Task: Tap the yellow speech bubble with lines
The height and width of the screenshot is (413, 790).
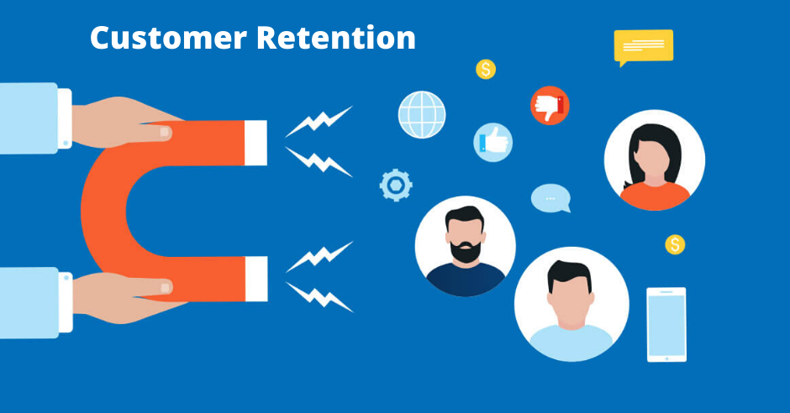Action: pyautogui.click(x=643, y=46)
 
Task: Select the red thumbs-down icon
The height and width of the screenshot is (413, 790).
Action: pyautogui.click(x=550, y=106)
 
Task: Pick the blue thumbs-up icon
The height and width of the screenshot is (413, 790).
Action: pyautogui.click(x=493, y=141)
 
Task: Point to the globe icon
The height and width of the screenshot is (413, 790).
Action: pyautogui.click(x=422, y=114)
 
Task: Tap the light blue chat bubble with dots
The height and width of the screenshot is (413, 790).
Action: pyautogui.click(x=550, y=198)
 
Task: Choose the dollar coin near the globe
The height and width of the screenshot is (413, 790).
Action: pyautogui.click(x=486, y=69)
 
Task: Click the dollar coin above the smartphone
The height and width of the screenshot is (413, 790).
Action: pyautogui.click(x=675, y=244)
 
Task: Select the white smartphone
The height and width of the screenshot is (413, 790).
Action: pyautogui.click(x=666, y=324)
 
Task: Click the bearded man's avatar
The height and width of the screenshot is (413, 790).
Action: pyautogui.click(x=465, y=246)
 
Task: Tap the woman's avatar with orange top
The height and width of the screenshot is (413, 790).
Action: pyautogui.click(x=654, y=159)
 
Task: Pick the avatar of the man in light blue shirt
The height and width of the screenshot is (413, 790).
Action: pyautogui.click(x=571, y=303)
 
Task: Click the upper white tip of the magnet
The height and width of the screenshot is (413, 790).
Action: pyautogui.click(x=257, y=142)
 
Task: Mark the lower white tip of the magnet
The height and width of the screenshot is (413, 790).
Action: pyautogui.click(x=257, y=279)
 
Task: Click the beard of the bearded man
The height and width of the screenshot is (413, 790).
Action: pyautogui.click(x=465, y=251)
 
